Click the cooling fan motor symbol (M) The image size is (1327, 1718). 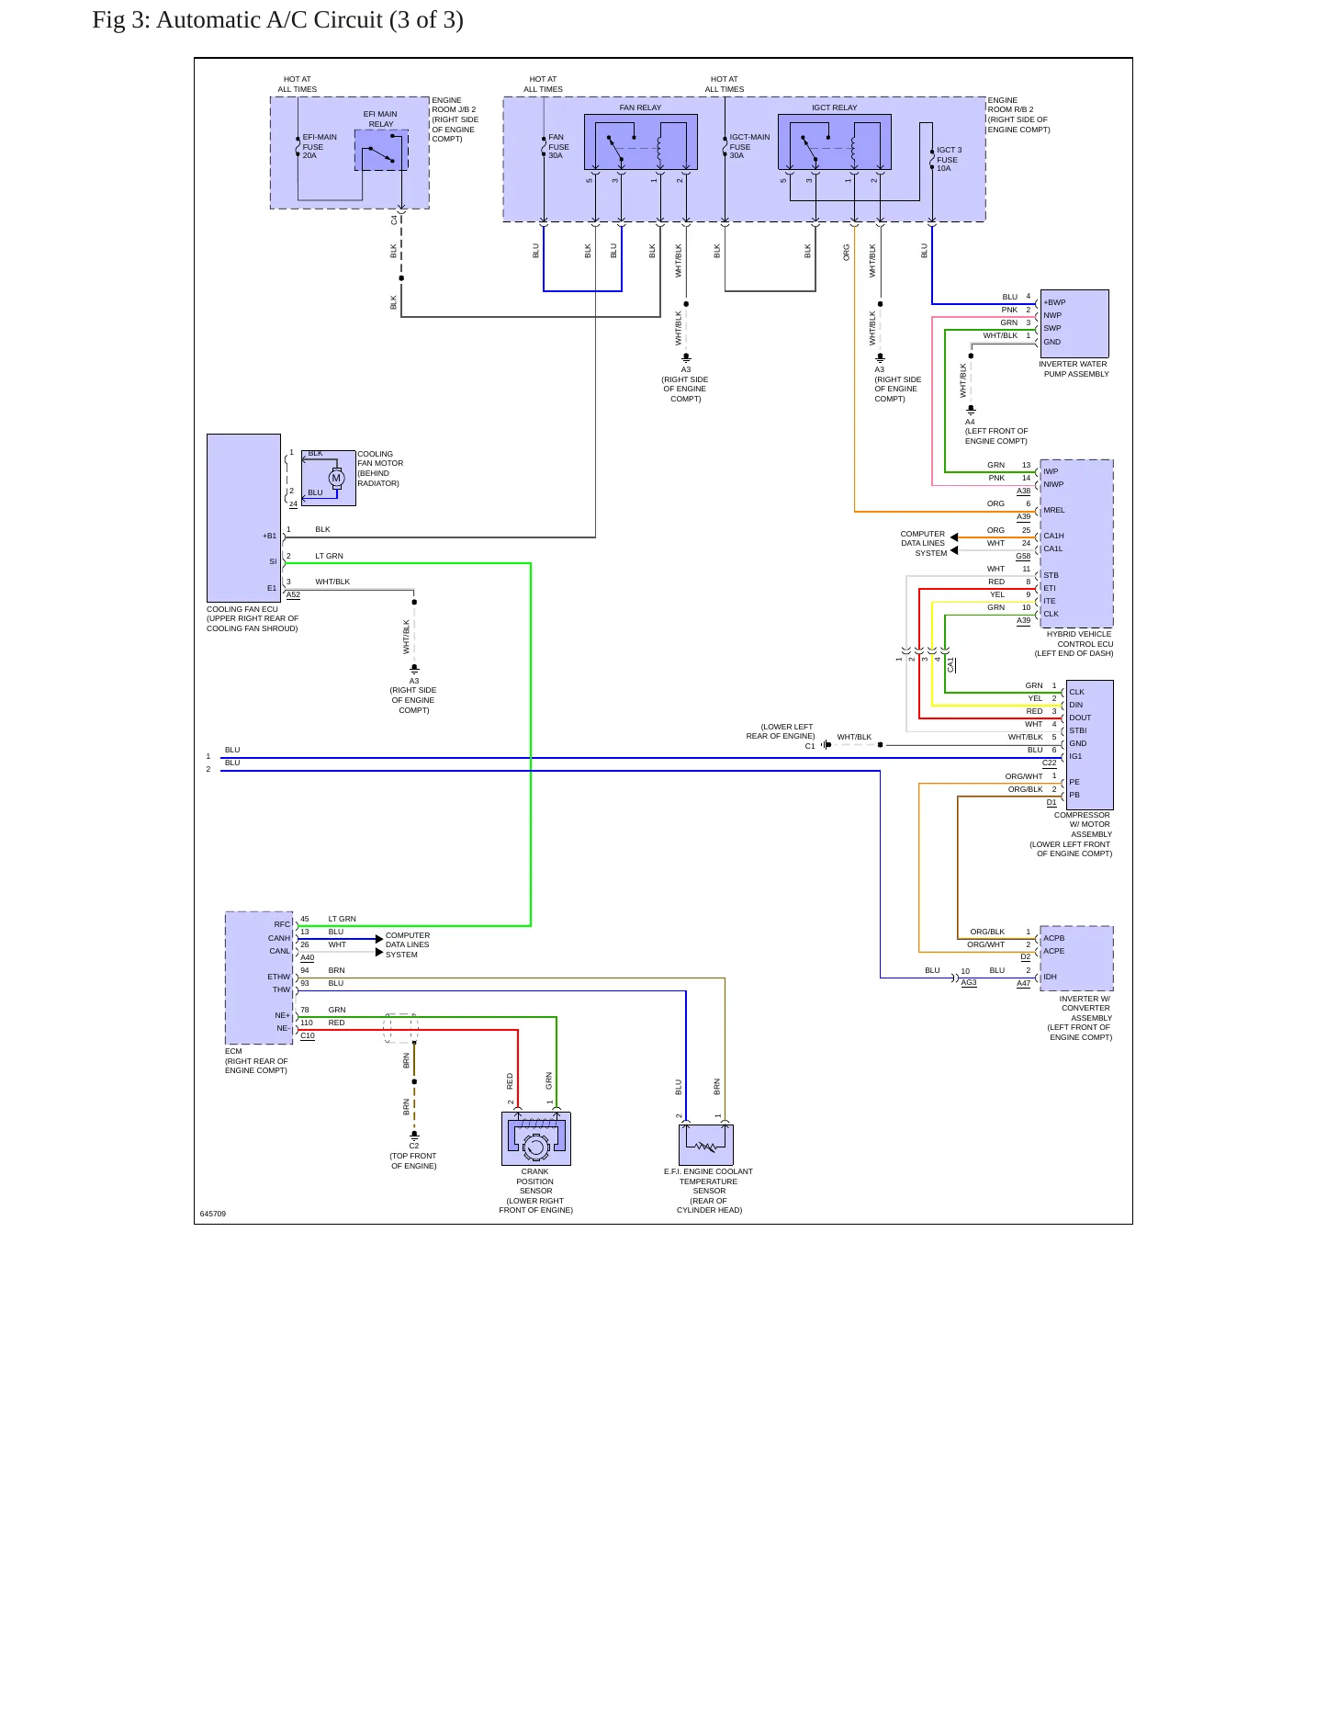pos(336,478)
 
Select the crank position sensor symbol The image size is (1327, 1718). pos(536,1139)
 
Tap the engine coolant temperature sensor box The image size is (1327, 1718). pos(706,1145)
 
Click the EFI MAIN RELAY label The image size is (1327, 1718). pos(381,119)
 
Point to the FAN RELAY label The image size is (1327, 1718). pos(640,107)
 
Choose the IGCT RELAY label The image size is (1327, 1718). pos(834,107)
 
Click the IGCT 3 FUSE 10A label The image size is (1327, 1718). pos(950,159)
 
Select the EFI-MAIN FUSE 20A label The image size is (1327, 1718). pos(320,146)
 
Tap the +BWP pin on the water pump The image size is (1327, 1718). pos(1054,302)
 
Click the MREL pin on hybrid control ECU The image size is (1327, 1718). pos(1054,510)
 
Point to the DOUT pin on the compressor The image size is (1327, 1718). pos(1080,718)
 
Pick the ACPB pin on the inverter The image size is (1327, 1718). pos(1054,938)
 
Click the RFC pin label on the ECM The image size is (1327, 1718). pos(282,924)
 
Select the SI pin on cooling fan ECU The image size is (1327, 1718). pos(273,561)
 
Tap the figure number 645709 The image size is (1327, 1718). pos(213,1214)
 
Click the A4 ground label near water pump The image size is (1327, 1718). pos(970,422)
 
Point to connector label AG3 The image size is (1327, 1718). pos(969,982)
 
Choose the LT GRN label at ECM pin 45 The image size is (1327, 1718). pos(342,919)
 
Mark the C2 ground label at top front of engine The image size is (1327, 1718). pos(414,1146)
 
